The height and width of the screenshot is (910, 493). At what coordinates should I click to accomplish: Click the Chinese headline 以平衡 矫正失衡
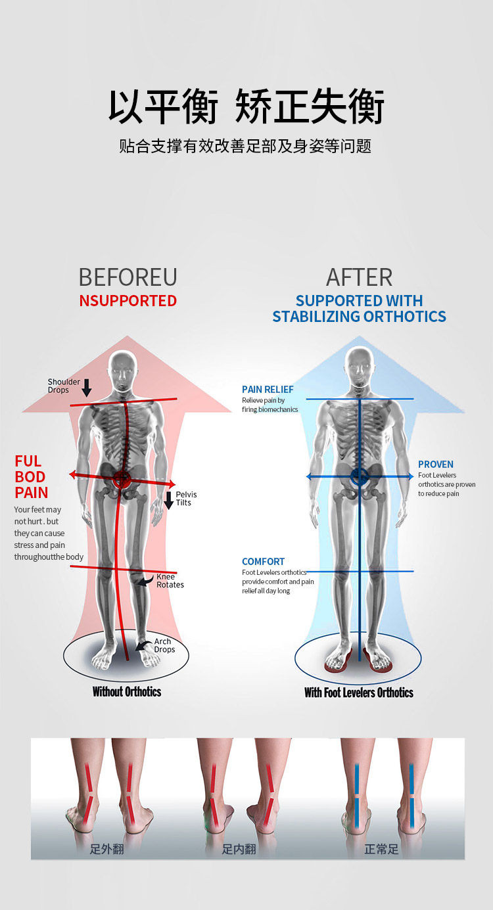coord(246,106)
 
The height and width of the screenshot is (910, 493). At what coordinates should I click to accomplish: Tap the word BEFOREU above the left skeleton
coord(128,277)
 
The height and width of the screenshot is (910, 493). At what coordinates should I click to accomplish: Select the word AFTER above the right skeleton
coord(359,277)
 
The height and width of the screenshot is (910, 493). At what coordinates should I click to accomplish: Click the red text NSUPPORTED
coord(128,301)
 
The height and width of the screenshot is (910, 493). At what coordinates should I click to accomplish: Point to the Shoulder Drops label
coord(64,386)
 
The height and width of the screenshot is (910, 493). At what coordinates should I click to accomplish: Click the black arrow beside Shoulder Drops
coord(87,388)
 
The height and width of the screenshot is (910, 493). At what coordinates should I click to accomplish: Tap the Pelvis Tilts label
coord(186,499)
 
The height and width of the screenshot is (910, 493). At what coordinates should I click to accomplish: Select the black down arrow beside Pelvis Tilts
coord(169,499)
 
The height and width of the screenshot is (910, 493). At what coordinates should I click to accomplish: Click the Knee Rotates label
coord(170,581)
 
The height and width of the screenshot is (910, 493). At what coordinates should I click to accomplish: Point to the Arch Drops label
coord(164,645)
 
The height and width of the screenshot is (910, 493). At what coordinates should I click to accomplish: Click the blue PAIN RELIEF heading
coord(268,390)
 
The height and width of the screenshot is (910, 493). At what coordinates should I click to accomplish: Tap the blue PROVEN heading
coord(436,465)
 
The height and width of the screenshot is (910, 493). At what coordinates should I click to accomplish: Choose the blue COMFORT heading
coord(263,562)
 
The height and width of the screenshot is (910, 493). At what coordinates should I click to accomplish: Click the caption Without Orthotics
coord(127,691)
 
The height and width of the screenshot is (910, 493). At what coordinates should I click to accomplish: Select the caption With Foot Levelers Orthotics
coord(359,692)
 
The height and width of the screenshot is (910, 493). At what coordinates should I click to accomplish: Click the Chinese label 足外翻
coord(107,849)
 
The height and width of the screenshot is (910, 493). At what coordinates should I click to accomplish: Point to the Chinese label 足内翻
coord(239,849)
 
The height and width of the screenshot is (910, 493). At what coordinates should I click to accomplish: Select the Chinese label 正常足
coord(381,849)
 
